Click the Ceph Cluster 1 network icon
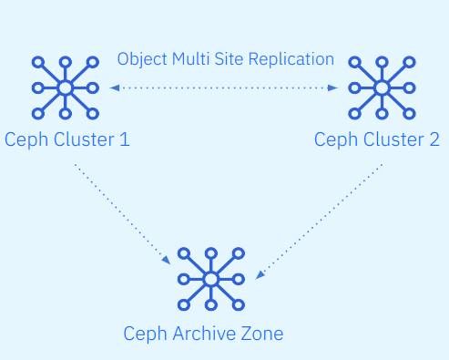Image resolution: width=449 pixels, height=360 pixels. [66, 88]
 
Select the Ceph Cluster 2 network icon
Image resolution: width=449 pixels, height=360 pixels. [382, 88]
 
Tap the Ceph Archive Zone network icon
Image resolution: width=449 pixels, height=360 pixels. [211, 279]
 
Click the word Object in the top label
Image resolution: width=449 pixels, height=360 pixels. [142, 59]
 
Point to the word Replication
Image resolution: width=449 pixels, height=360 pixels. [291, 59]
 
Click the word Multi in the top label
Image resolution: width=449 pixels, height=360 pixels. [191, 59]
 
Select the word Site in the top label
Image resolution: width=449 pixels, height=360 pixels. [229, 59]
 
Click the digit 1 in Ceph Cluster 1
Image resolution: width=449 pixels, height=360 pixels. [125, 139]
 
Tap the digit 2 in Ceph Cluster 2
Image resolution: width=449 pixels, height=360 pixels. [434, 139]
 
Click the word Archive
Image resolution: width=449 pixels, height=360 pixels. [204, 334]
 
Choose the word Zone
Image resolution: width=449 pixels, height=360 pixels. [262, 334]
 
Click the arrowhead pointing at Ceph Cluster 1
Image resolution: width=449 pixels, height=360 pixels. [115, 88]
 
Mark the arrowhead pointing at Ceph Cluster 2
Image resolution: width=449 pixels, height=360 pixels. [333, 88]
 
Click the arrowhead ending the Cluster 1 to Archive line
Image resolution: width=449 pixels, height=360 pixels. [167, 261]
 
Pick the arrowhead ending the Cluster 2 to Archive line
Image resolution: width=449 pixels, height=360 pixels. [260, 274]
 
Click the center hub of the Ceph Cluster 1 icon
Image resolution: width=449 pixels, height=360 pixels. [66, 88]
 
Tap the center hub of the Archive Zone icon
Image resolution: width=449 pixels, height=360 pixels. [211, 279]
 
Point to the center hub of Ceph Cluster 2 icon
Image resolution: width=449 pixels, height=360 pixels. [382, 88]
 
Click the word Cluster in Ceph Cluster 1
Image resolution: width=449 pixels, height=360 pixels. [84, 139]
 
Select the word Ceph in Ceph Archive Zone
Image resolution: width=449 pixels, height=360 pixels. [146, 334]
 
